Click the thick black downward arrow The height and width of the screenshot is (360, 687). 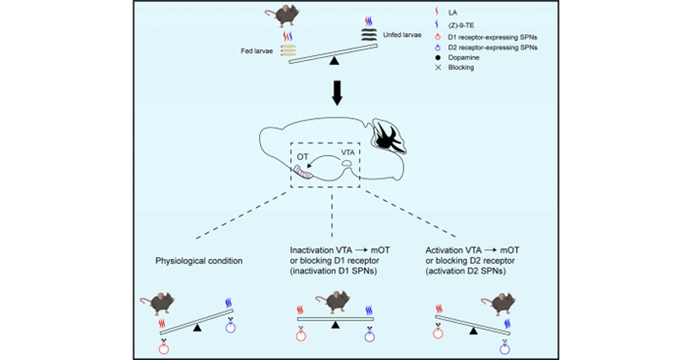pyautogui.click(x=337, y=93)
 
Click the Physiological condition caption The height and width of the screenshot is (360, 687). pyautogui.click(x=199, y=262)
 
